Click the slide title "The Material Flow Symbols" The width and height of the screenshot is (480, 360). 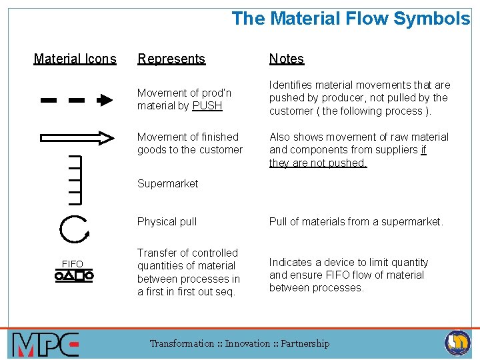351,19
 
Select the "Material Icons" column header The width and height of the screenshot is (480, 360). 75,59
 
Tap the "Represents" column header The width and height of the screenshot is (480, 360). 171,59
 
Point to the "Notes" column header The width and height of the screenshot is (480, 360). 287,59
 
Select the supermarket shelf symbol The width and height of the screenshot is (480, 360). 74,179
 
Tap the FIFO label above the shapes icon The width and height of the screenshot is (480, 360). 73,264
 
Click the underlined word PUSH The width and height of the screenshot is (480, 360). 207,106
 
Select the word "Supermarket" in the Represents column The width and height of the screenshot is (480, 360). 167,183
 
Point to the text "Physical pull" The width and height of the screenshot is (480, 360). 167,221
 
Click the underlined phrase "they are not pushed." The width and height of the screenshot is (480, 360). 318,163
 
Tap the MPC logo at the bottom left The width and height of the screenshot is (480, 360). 45,345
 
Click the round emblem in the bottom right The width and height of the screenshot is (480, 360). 458,343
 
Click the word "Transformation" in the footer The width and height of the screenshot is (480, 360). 182,343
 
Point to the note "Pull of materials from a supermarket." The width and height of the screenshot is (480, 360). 356,221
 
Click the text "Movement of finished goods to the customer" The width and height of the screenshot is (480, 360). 189,143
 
